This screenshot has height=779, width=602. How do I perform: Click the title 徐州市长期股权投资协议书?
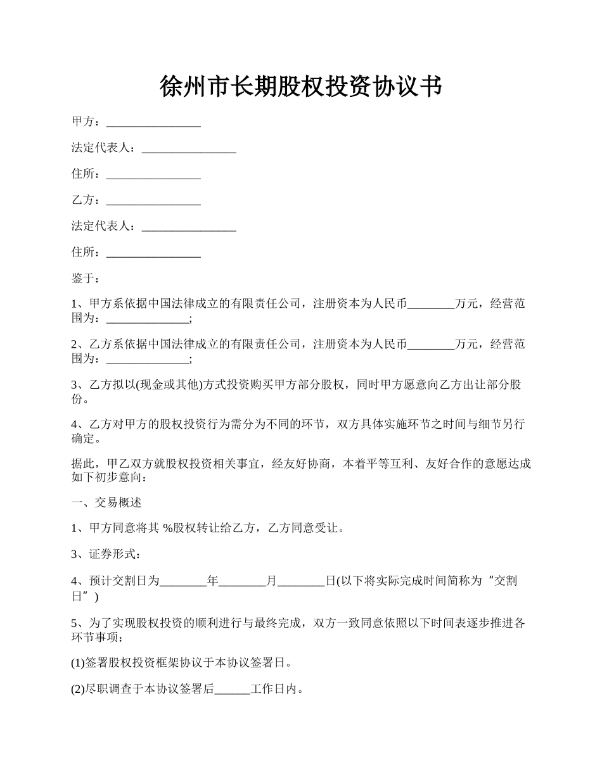[300, 87]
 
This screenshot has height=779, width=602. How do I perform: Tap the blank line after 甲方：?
[153, 122]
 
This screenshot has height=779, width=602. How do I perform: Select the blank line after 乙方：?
[153, 201]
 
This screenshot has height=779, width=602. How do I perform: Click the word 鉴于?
[82, 278]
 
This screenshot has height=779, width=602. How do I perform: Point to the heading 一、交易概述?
[106, 503]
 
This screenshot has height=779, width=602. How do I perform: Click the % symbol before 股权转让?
[168, 528]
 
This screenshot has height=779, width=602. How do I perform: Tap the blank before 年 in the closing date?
[183, 581]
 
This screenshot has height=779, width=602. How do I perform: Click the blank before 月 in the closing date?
[242, 581]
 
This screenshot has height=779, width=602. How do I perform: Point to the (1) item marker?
[77, 663]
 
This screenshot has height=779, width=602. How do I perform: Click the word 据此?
[82, 464]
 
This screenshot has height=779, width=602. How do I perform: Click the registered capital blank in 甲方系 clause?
[431, 305]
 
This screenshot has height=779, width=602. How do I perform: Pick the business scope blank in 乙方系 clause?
[148, 359]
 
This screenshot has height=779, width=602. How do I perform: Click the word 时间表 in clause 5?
[456, 623]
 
